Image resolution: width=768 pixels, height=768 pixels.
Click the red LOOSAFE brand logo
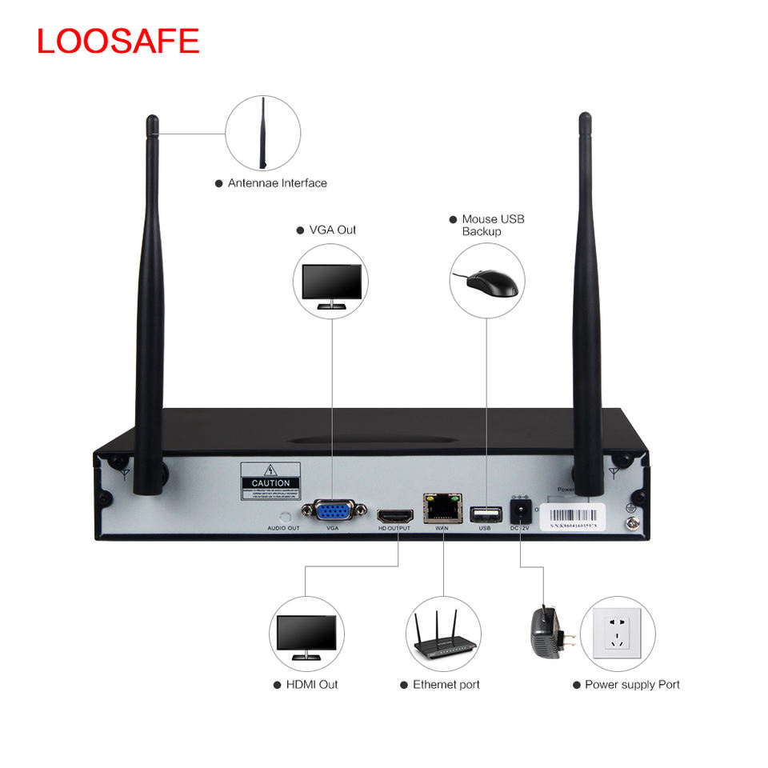click(x=118, y=41)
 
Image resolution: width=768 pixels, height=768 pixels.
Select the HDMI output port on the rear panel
click(x=394, y=514)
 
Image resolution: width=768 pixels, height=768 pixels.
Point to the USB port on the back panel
click(x=484, y=513)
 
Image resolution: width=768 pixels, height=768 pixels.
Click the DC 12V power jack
click(x=520, y=511)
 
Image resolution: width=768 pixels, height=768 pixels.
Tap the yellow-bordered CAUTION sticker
click(x=270, y=482)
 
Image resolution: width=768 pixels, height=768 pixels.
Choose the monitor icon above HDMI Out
click(x=306, y=635)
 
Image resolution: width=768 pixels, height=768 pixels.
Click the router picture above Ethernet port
click(x=442, y=635)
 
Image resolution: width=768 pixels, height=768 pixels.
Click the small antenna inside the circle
click(x=262, y=133)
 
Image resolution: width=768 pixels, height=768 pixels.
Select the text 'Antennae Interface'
click(x=277, y=183)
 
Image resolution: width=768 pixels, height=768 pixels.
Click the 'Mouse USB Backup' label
click(x=492, y=225)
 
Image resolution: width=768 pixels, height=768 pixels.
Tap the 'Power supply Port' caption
click(x=631, y=684)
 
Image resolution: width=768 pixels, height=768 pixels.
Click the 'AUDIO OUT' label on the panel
click(x=283, y=529)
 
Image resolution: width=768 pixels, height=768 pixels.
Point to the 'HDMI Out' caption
click(x=311, y=684)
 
